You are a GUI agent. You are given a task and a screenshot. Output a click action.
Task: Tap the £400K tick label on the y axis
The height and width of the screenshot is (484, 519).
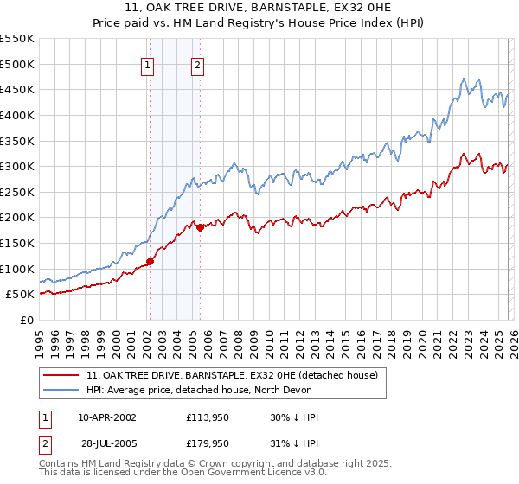(17, 115)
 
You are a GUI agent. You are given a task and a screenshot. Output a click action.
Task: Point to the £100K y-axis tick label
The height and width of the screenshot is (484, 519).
(17, 269)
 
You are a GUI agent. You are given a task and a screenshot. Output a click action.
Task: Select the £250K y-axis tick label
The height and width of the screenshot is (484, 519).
(17, 192)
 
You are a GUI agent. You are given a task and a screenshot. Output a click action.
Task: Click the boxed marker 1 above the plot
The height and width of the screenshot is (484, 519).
(149, 65)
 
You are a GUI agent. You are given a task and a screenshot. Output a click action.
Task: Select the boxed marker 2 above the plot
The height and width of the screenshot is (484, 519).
(198, 65)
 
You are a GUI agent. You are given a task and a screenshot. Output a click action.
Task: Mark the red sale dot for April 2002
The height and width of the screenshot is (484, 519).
(150, 261)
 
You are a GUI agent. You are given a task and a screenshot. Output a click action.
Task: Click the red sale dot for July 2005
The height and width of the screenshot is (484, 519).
(200, 227)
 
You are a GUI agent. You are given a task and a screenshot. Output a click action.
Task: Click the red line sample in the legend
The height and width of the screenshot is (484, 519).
(61, 376)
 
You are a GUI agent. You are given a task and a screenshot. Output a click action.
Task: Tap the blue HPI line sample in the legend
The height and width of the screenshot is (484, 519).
(61, 389)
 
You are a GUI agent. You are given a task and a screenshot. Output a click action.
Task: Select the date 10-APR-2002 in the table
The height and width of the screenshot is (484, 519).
(107, 417)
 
